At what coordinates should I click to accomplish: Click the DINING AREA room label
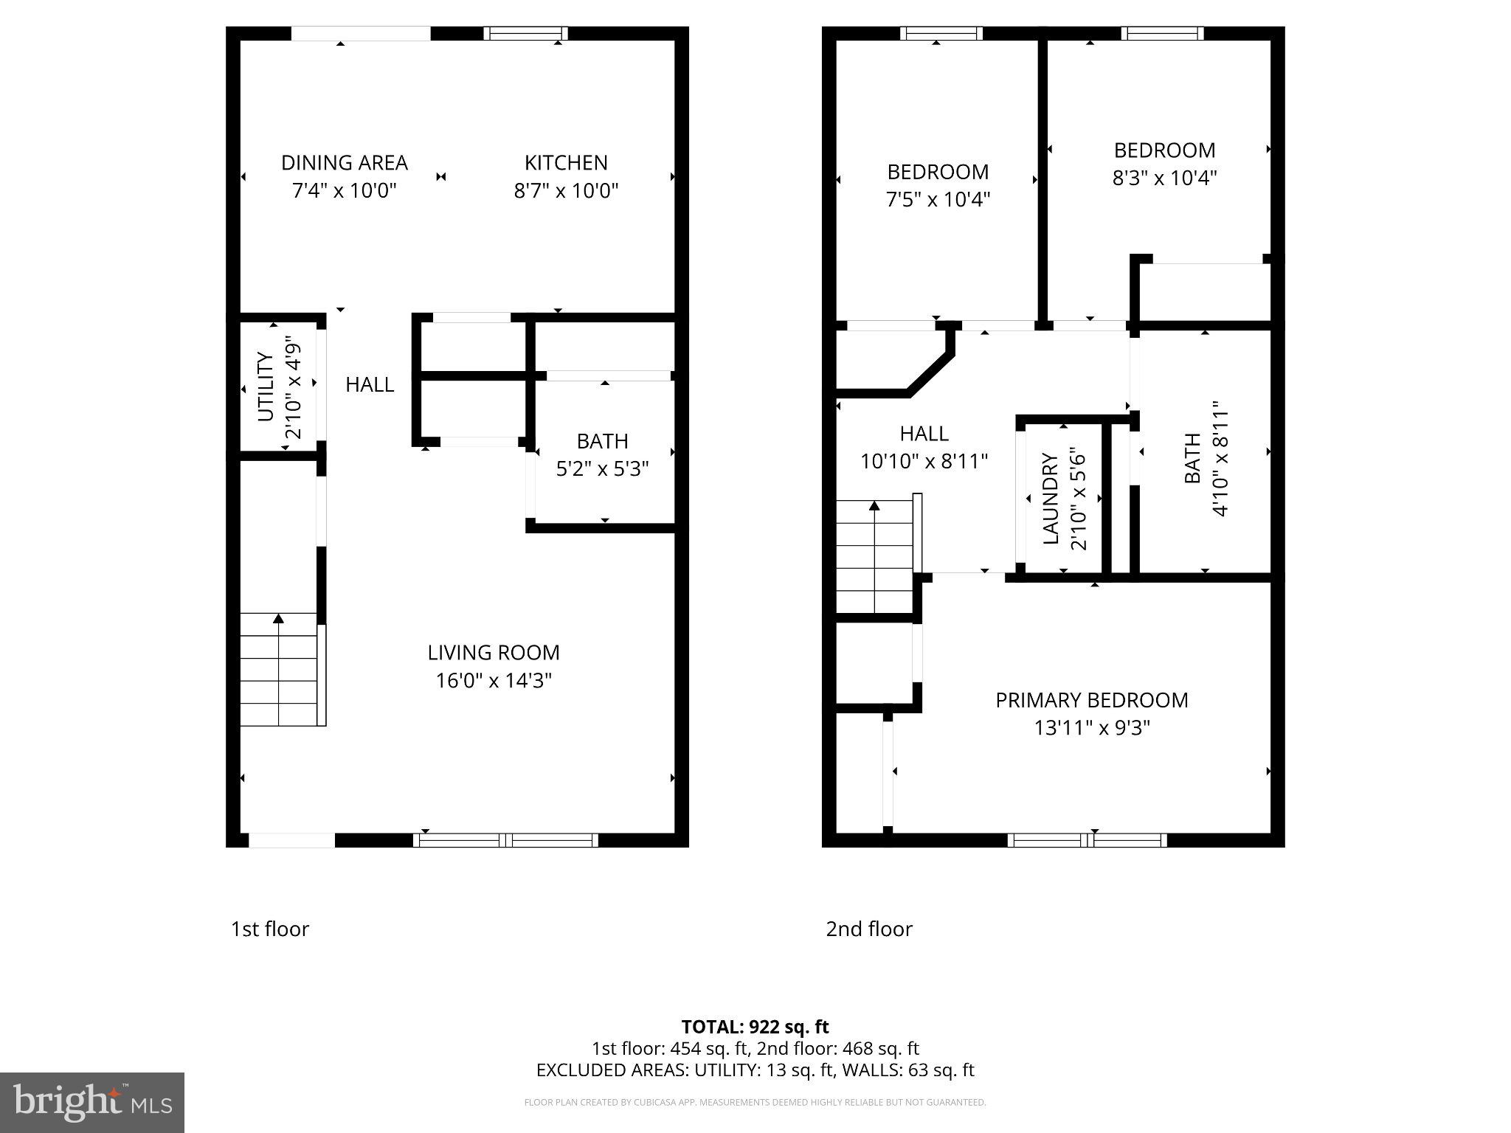[x=345, y=163]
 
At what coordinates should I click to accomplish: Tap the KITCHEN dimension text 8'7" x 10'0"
[x=566, y=191]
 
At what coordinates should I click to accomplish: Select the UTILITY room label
[x=266, y=387]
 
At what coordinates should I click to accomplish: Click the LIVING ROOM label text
[x=494, y=653]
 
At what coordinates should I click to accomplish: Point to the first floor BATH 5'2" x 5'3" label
[x=602, y=454]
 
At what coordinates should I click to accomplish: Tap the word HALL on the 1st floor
[x=370, y=384]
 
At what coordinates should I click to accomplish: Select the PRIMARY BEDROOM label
[x=1091, y=700]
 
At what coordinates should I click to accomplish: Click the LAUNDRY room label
[x=1051, y=499]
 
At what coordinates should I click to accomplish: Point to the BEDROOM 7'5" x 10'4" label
[x=937, y=185]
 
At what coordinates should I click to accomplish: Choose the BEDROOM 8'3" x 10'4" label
[x=1164, y=164]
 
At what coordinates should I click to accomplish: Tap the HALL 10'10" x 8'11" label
[x=924, y=447]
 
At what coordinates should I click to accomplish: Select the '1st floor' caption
[x=270, y=929]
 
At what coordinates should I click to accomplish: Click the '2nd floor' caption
[x=868, y=929]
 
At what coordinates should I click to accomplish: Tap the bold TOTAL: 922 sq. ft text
[x=755, y=1027]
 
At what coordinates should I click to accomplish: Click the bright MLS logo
[x=92, y=1102]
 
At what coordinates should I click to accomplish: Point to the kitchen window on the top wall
[x=526, y=33]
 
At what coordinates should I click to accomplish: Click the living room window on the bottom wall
[x=505, y=840]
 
